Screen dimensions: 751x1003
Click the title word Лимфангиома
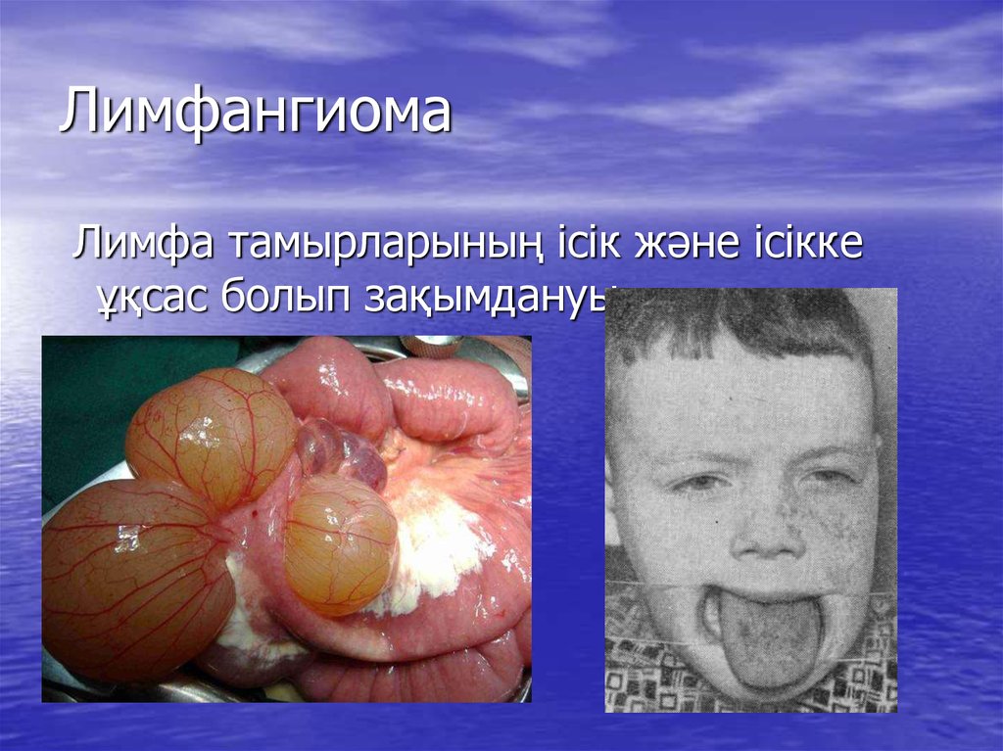(x=255, y=112)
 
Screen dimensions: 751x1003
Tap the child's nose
(x=770, y=534)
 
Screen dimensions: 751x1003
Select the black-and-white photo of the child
(x=750, y=499)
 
